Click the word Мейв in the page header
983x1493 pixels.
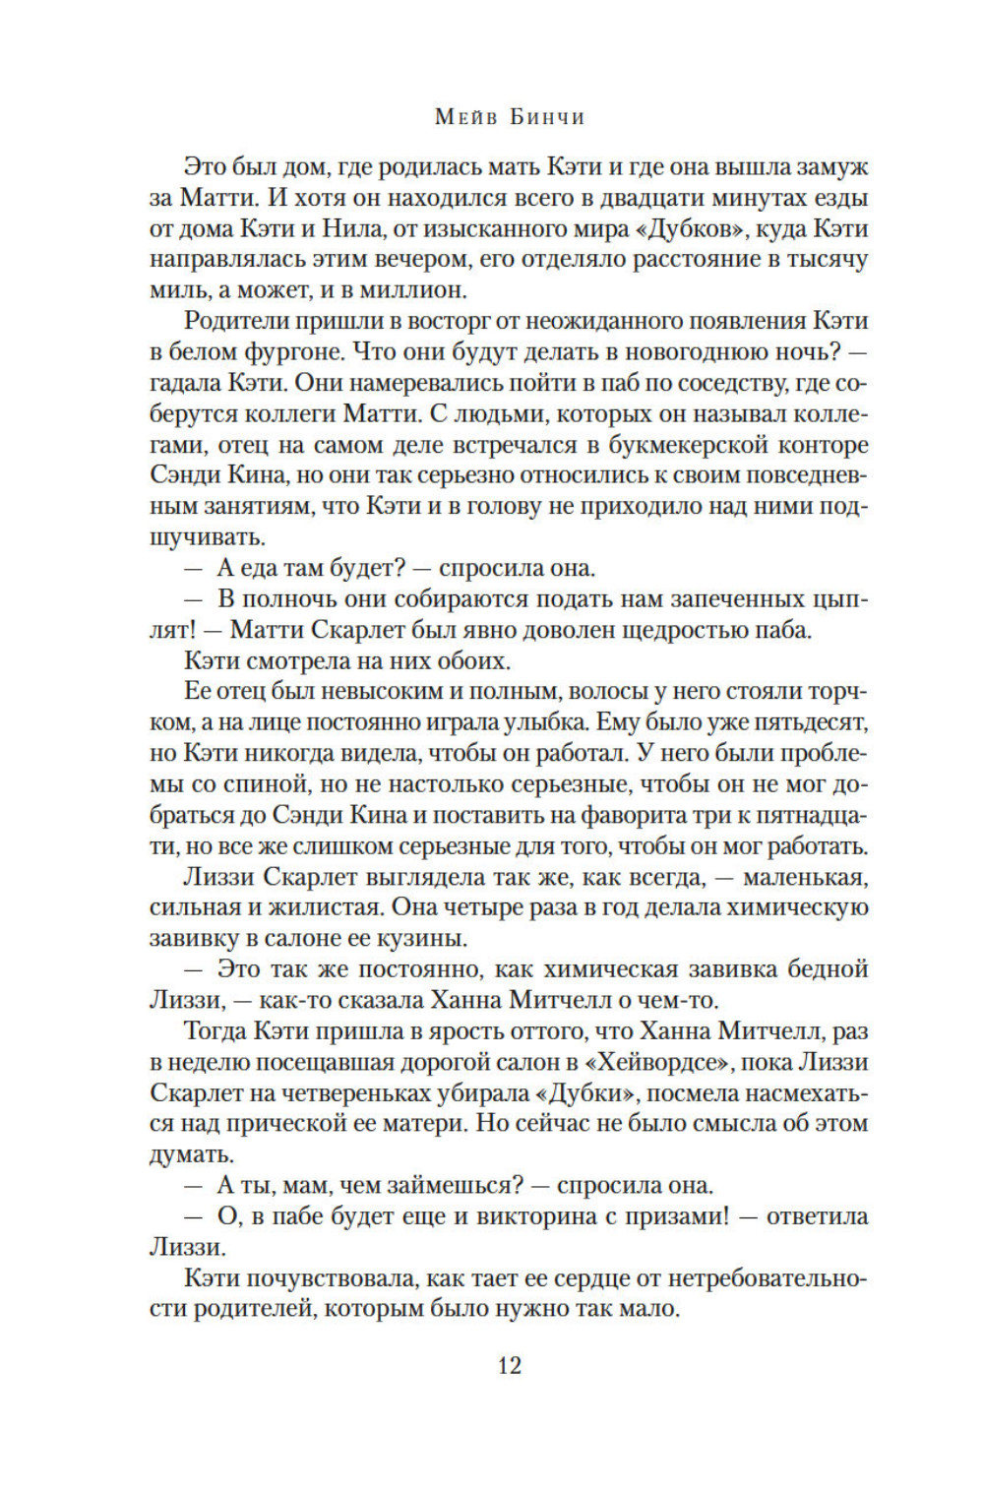(x=462, y=117)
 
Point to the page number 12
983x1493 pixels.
(x=509, y=1365)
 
